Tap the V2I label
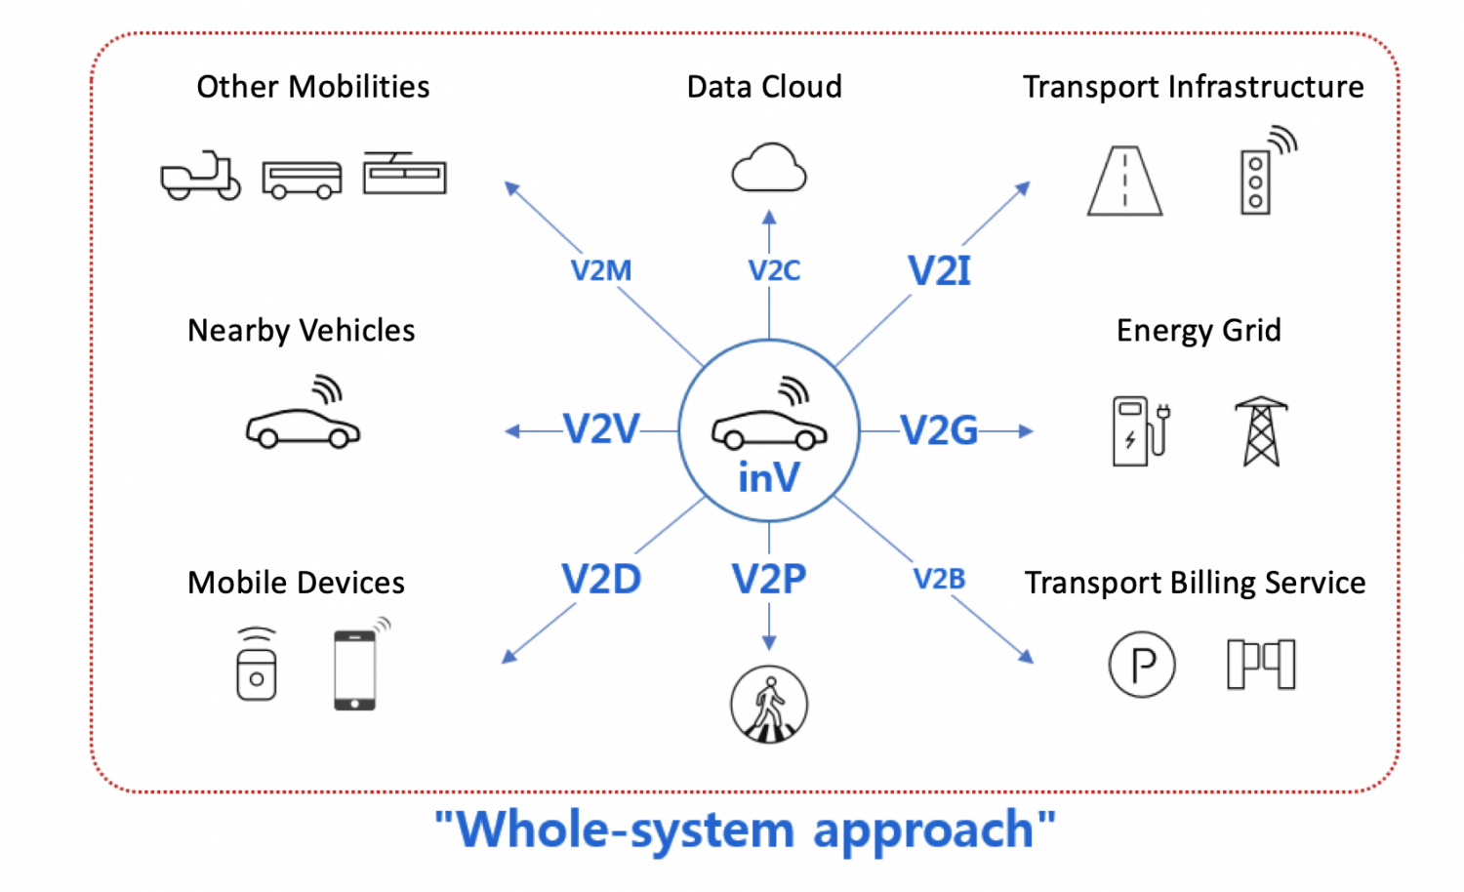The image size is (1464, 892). [939, 270]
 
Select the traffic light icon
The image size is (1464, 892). [1256, 181]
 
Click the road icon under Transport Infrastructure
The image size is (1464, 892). [1125, 181]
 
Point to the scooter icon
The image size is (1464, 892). [201, 176]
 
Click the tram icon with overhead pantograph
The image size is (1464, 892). [404, 174]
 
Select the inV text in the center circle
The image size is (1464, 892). [769, 478]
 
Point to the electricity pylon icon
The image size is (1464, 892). [1261, 430]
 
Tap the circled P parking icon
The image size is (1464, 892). [1142, 665]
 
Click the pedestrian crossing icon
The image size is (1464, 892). [769, 705]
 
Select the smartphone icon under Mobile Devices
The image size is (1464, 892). [354, 669]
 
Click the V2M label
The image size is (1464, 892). [601, 270]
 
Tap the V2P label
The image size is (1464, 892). [769, 580]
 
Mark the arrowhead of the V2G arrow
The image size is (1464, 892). [1026, 430]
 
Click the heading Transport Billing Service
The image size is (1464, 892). [1195, 583]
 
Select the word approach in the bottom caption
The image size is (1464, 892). [923, 831]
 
